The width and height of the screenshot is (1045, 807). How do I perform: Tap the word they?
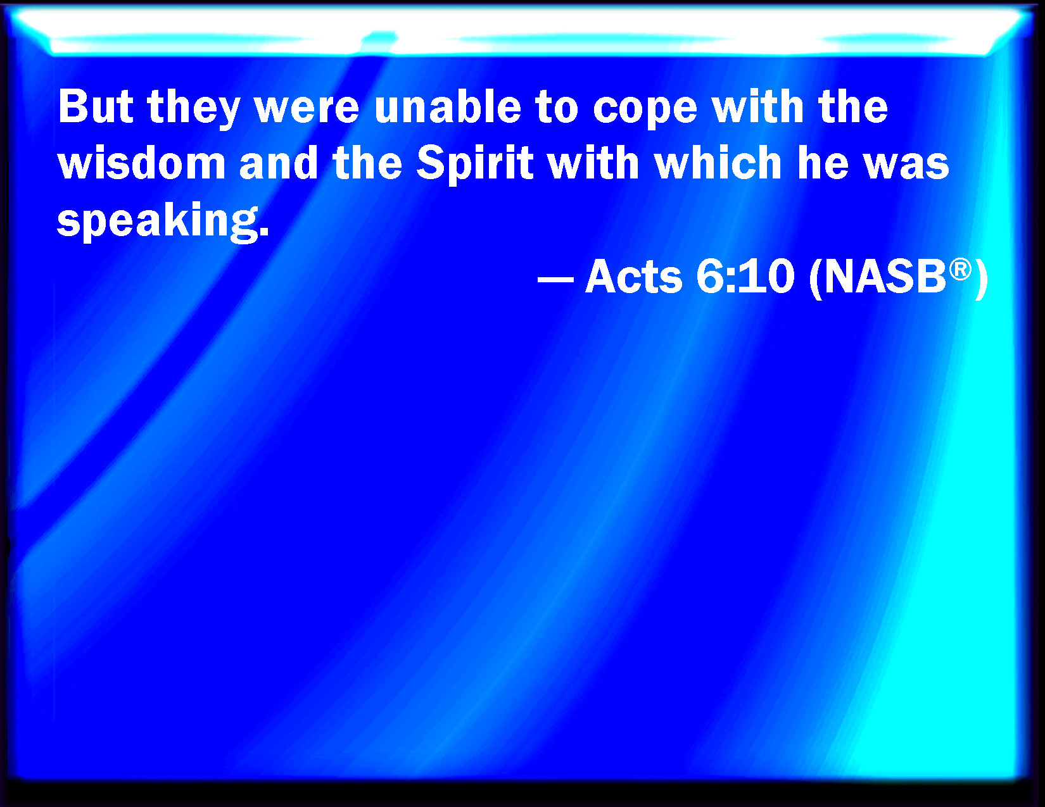click(x=194, y=110)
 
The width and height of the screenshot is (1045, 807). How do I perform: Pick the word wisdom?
click(x=142, y=163)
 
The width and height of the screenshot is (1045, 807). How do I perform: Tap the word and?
click(x=279, y=163)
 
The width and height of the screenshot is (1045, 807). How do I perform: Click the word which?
click(x=718, y=163)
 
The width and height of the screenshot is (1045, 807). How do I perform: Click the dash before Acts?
click(x=555, y=278)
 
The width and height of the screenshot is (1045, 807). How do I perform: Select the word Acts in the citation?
click(x=633, y=276)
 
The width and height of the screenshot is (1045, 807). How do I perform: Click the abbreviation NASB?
click(x=885, y=277)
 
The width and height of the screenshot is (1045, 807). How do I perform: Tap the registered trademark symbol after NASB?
click(x=960, y=269)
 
